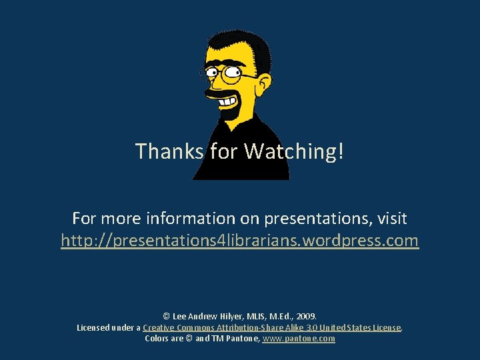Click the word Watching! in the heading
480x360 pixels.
point(294,151)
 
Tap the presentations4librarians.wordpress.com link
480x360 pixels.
point(240,240)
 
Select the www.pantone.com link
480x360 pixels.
point(299,339)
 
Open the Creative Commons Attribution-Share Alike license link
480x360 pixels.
point(272,327)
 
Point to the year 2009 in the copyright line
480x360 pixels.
point(305,316)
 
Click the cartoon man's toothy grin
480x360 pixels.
point(228,101)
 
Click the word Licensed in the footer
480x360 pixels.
point(94,327)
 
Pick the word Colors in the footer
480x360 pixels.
point(157,339)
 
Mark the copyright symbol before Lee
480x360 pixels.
point(166,316)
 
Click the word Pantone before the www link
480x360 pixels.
point(243,339)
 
